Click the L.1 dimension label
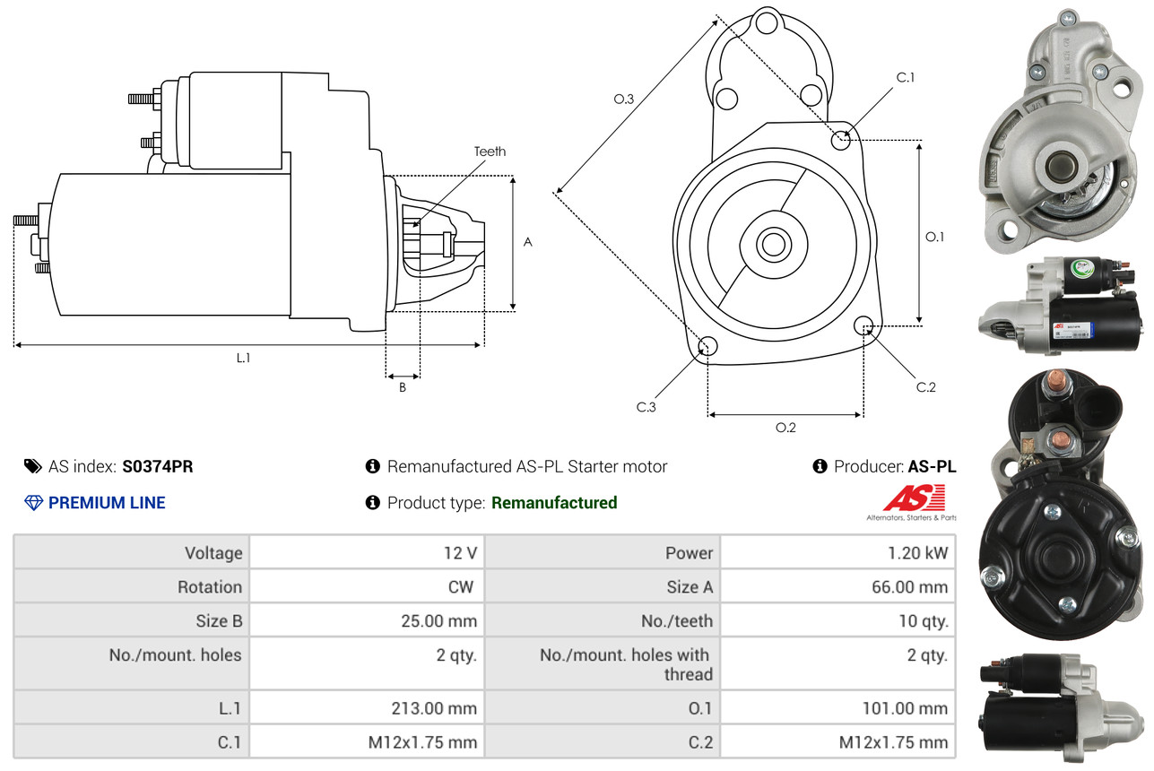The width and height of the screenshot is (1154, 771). click(x=243, y=358)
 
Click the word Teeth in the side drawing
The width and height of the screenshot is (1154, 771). click(x=490, y=152)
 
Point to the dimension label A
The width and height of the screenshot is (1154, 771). click(x=528, y=242)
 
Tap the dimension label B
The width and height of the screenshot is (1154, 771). click(x=403, y=388)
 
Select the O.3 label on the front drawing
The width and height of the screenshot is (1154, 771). click(x=623, y=100)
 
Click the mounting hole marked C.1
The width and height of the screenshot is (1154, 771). click(x=841, y=140)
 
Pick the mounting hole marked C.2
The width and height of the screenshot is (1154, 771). click(x=864, y=325)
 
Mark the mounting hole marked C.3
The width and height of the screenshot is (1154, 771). click(x=707, y=346)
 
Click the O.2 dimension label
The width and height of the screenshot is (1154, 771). click(x=785, y=428)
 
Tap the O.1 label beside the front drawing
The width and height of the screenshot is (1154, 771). click(x=934, y=237)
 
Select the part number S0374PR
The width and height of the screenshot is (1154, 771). click(x=158, y=466)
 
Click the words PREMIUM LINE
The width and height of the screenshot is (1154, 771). click(x=107, y=503)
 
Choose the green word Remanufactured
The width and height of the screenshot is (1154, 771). click(x=554, y=503)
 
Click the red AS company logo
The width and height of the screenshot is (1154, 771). click(x=914, y=498)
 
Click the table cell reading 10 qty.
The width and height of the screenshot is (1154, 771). click(x=923, y=621)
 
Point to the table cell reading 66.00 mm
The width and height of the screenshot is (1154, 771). click(x=912, y=587)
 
